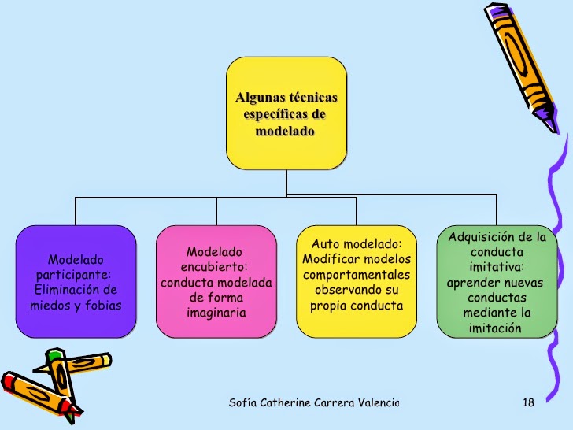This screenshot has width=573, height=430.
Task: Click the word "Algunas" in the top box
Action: pos(261,98)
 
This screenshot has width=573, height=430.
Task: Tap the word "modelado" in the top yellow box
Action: pos(285,132)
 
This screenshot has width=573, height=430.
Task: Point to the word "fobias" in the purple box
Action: pos(103,305)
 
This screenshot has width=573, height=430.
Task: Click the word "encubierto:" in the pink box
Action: pos(214,267)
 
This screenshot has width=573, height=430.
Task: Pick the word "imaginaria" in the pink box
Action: pos(216,313)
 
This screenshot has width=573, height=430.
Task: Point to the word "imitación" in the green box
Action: pos(495,328)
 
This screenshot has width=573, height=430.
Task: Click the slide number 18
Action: pos(528,402)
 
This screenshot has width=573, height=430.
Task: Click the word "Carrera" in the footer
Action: pos(334,403)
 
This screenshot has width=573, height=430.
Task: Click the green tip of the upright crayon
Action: pos(54,354)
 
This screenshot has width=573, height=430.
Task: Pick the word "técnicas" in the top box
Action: pos(313,98)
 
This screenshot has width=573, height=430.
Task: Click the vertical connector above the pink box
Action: pos(216,212)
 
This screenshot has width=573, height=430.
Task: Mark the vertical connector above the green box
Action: pos(497,209)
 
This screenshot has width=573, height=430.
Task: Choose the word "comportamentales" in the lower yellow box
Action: pos(357,275)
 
